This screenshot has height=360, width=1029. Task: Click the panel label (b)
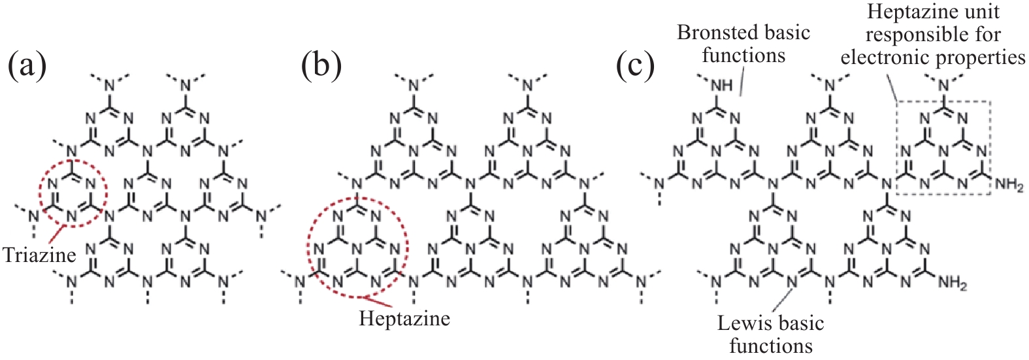tap(321, 66)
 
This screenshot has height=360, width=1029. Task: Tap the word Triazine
tap(39, 255)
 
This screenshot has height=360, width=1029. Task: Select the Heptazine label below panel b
tap(404, 319)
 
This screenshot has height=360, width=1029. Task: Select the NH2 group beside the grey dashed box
tap(1009, 186)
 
